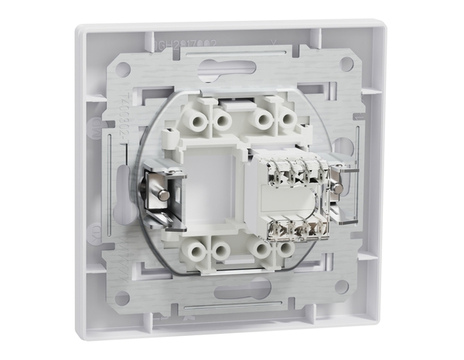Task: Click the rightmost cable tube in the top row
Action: [287, 120]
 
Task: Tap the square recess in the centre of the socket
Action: [209, 188]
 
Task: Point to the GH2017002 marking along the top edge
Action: [181, 48]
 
